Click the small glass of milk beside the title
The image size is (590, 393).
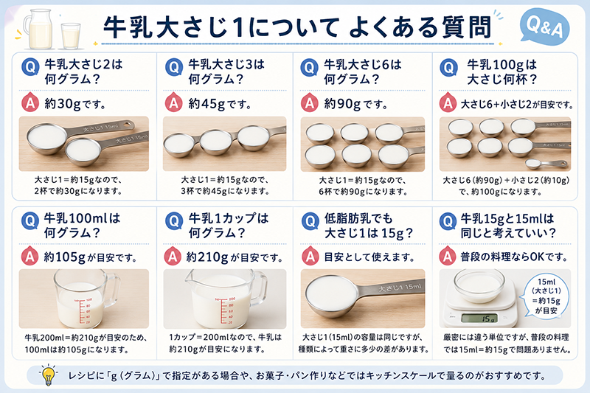pos(71,35)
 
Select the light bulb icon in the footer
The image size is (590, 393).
pos(49,375)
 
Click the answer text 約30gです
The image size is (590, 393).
pos(76,104)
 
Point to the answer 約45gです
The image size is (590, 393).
pos(220,104)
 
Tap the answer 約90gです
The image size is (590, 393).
pos(355,104)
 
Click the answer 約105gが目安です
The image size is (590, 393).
pos(90,257)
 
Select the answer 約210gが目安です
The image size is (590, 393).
pos(234,257)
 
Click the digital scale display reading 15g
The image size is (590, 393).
pos(479,319)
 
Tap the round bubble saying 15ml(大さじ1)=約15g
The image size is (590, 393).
pos(546,296)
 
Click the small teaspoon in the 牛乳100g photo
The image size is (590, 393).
pos(546,164)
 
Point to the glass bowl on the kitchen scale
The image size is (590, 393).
pos(479,286)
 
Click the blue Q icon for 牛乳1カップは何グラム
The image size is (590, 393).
pos(174,220)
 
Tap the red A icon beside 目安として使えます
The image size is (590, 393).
pos(310,256)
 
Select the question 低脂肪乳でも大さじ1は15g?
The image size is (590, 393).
pos(368,226)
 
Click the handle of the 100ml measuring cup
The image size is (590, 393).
pos(113,291)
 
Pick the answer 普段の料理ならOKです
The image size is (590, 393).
pos(514,257)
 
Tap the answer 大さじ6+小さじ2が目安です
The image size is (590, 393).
pos(517,104)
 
